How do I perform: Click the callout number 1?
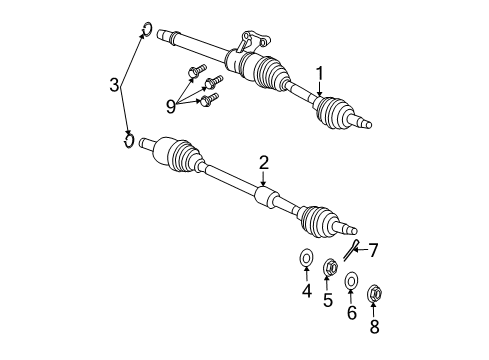(x=320, y=73)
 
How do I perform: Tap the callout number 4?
(x=307, y=292)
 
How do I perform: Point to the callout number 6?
(x=352, y=311)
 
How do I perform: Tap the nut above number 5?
(x=328, y=267)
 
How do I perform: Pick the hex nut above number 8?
(x=376, y=294)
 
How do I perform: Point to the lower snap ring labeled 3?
(x=128, y=138)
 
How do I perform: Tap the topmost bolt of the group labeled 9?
(x=196, y=70)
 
